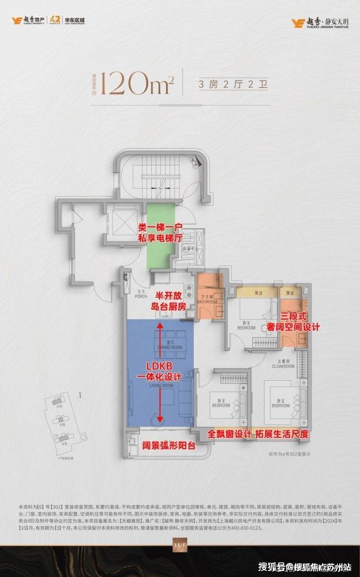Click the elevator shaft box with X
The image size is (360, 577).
point(120,221)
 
